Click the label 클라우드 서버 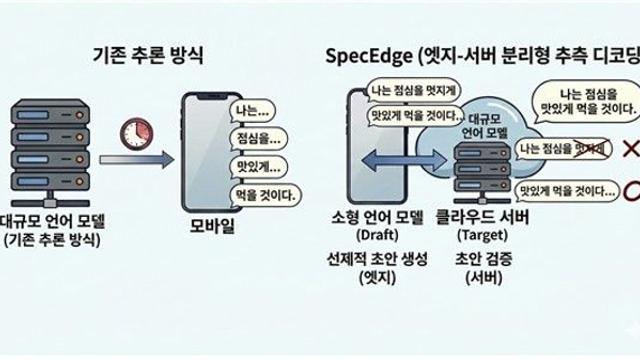click(x=482, y=217)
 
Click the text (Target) click(x=481, y=236)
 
